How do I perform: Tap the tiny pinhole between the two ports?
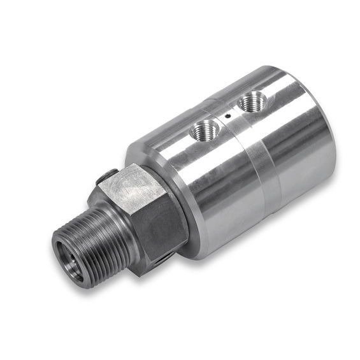click(x=227, y=116)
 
